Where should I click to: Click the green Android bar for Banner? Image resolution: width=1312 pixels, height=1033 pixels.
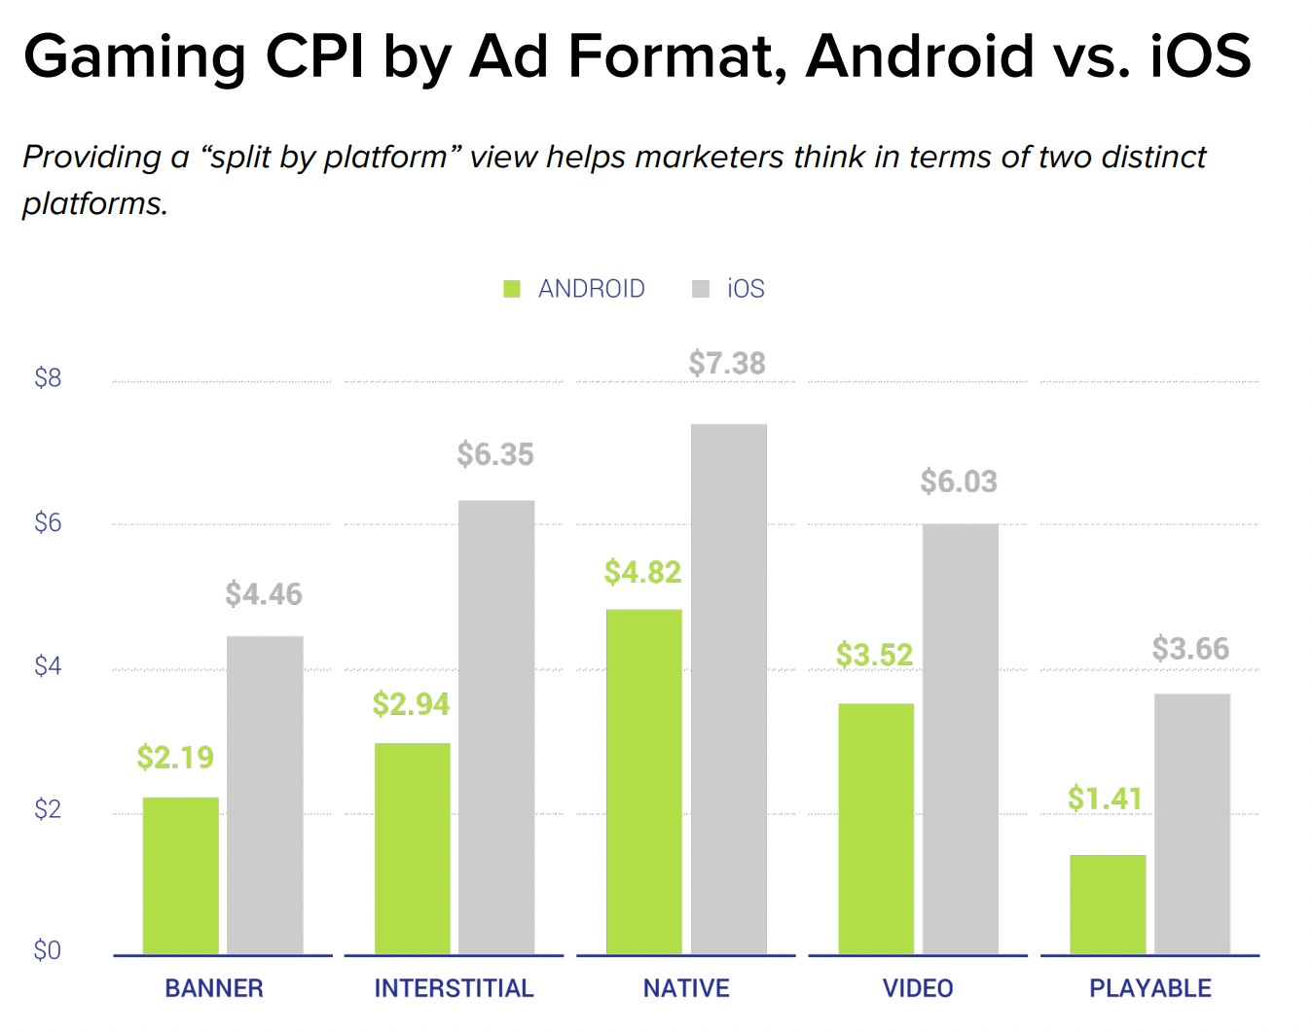[180, 875]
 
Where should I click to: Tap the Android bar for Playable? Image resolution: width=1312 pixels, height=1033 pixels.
[1108, 905]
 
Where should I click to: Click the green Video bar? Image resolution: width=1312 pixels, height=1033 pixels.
[876, 828]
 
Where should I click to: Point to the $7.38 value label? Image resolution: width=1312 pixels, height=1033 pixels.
[727, 364]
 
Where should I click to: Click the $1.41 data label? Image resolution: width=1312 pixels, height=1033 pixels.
[1105, 799]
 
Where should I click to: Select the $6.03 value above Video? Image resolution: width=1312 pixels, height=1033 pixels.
[959, 481]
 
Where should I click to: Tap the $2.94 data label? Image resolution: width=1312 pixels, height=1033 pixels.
[411, 704]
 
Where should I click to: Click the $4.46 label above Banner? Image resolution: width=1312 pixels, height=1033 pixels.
[264, 594]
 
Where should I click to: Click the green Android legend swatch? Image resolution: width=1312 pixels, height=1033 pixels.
[512, 289]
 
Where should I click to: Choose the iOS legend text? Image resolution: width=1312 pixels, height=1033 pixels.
[746, 289]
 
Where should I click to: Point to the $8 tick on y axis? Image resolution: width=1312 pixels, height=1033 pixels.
[48, 378]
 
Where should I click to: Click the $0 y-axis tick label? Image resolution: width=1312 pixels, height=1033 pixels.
[48, 950]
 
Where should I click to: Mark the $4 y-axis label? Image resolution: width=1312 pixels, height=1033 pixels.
[48, 666]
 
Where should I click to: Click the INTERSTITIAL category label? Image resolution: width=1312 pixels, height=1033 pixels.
[454, 988]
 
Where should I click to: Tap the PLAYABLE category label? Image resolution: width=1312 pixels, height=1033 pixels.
[1149, 988]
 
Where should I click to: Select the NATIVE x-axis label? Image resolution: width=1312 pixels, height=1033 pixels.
[686, 988]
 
